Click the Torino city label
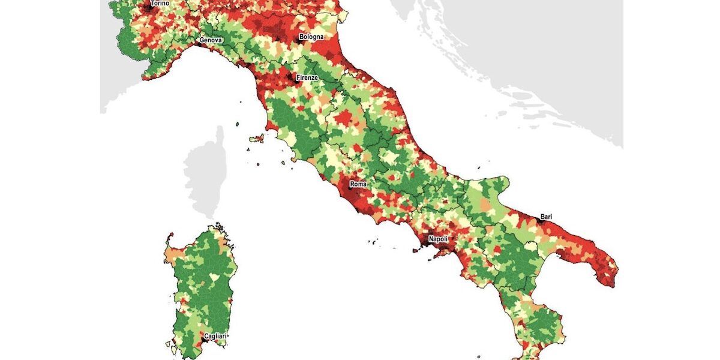(160, 4)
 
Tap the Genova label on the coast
(211, 41)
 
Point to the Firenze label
(307, 78)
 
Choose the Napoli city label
(438, 239)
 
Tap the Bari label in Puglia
(546, 216)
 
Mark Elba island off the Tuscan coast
(257, 139)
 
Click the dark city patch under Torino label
(149, 8)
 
